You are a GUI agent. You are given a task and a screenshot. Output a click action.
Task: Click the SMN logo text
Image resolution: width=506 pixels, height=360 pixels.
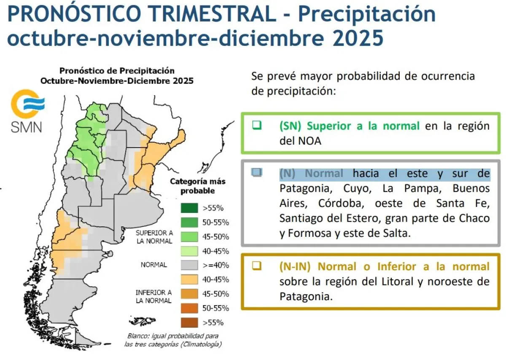coord(27,127)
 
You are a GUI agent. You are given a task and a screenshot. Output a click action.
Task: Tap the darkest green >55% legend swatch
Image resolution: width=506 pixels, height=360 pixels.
coord(189,208)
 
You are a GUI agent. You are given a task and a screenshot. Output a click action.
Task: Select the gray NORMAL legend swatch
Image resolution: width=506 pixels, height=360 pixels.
coord(189,265)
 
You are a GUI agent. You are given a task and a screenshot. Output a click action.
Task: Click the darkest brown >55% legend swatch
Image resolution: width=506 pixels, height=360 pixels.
coord(189,322)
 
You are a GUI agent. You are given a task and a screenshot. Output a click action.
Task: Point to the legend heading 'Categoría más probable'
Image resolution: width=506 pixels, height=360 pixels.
coord(198,186)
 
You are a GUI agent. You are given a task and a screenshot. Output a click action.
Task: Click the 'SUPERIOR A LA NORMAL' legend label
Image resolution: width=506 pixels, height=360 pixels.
coord(154,237)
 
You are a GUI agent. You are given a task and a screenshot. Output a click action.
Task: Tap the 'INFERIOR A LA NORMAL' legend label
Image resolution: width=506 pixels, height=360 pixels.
coord(154,296)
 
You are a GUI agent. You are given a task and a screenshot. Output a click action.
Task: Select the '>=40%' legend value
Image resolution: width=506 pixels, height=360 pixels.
coord(216,265)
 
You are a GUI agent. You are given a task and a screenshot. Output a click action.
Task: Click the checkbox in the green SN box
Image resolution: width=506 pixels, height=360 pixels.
coord(257,125)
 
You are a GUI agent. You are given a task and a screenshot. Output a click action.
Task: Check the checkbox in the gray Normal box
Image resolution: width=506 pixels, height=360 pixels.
coord(257,172)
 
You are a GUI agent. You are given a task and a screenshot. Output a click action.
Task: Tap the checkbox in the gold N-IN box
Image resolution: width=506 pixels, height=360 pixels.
coord(257,266)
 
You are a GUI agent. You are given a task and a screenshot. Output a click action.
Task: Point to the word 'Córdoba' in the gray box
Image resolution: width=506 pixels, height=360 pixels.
coord(341,203)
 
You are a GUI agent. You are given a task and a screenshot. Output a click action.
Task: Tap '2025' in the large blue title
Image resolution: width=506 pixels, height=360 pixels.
coord(358,38)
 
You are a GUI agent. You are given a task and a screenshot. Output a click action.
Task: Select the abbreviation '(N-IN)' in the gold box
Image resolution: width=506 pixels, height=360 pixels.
coord(295,266)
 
